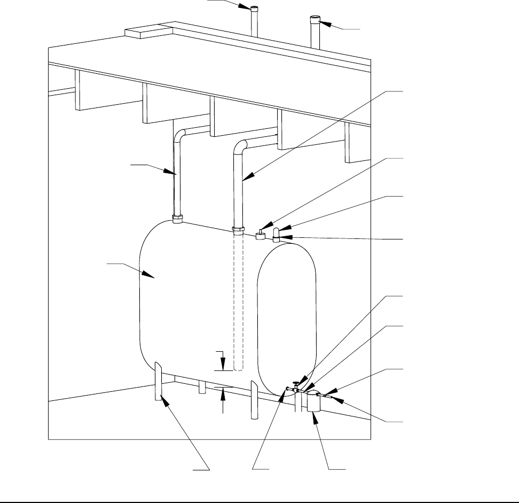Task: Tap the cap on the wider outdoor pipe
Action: coord(315,21)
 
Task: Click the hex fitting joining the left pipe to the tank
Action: coord(178,218)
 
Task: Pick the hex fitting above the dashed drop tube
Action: coord(238,230)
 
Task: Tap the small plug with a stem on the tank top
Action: coord(261,235)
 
